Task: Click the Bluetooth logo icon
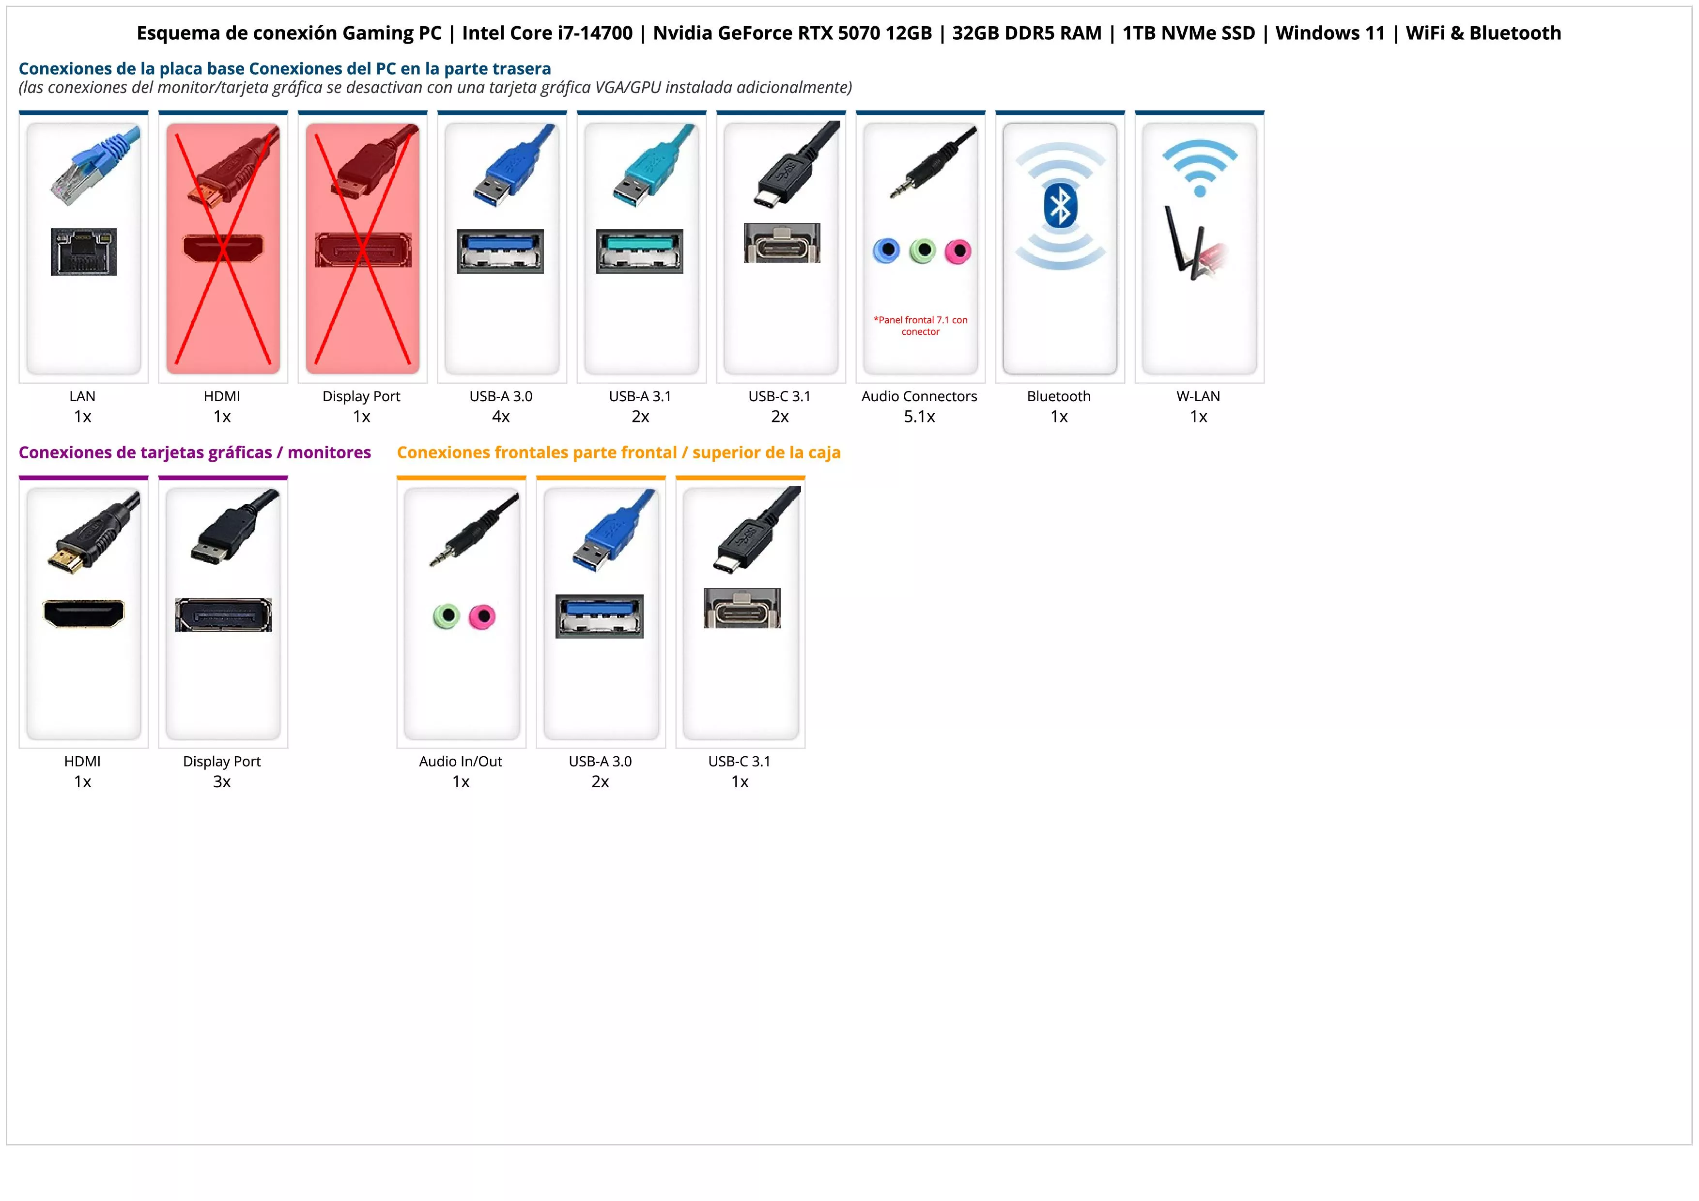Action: click(1060, 206)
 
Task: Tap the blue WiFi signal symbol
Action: click(1200, 168)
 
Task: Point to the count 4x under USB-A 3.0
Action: click(501, 417)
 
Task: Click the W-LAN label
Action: click(1198, 396)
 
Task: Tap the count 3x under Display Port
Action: click(222, 781)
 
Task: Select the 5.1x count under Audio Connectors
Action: click(919, 417)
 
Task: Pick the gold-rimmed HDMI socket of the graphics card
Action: click(84, 613)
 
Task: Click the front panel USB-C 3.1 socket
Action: click(741, 608)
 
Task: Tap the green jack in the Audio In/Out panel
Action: click(446, 616)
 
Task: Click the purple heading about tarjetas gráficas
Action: click(195, 452)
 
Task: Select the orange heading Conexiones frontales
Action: click(618, 452)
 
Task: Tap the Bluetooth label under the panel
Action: click(1058, 396)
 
